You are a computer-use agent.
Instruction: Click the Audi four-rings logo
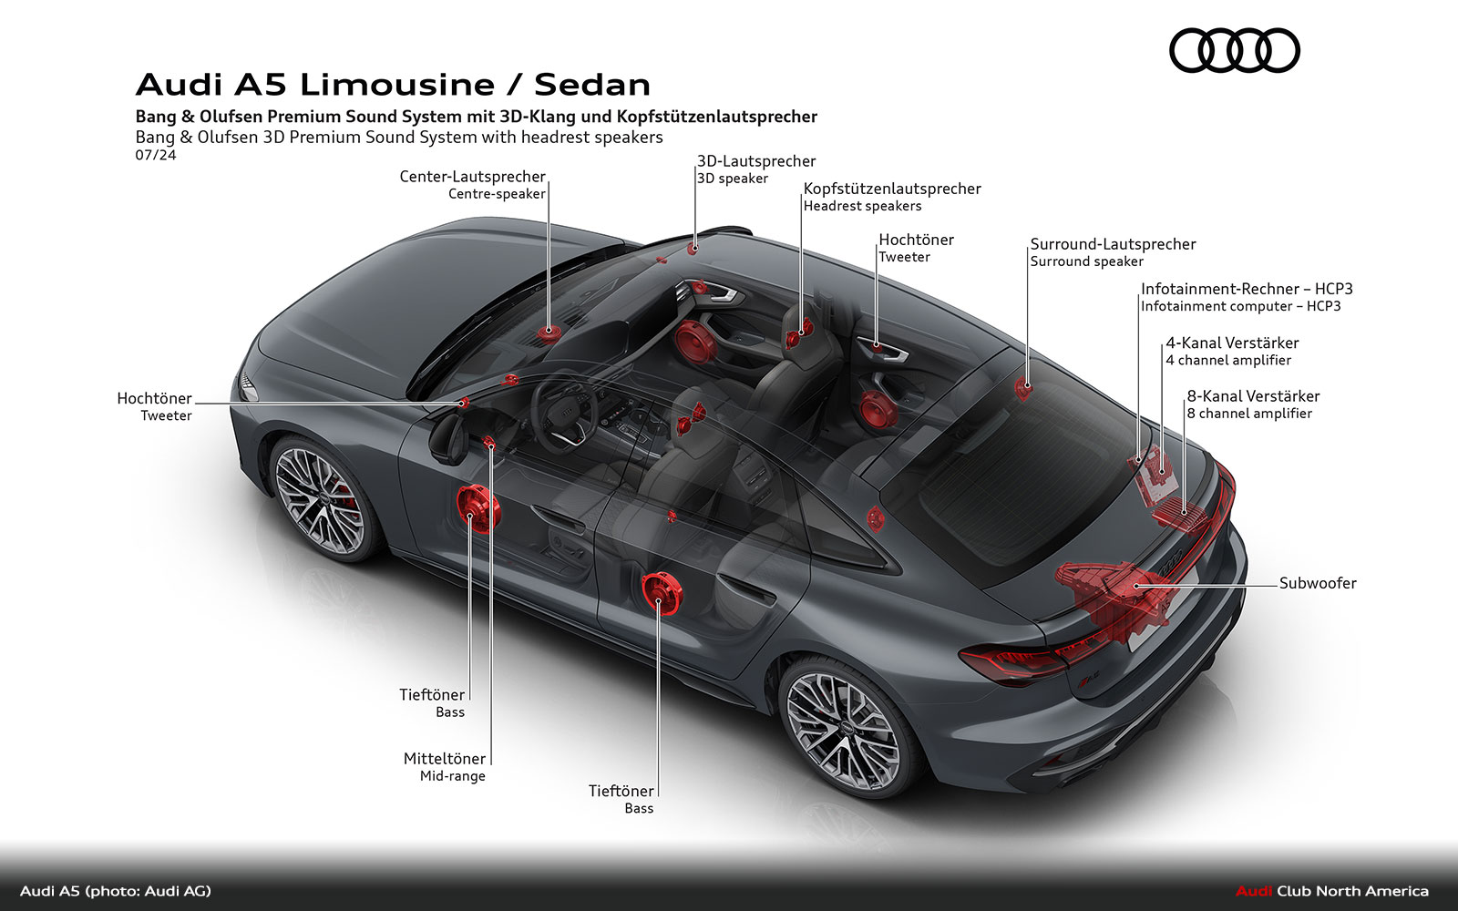(x=1234, y=50)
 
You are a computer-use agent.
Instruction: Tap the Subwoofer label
(x=1317, y=583)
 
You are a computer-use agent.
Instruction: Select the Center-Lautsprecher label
(x=472, y=177)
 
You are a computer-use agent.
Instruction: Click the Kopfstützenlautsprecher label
(x=891, y=189)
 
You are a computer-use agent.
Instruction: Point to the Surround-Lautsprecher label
(x=1113, y=244)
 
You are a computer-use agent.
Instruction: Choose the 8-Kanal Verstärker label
(x=1252, y=396)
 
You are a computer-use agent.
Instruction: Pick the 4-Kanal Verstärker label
(x=1232, y=343)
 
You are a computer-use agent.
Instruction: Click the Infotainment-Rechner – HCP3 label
(x=1246, y=289)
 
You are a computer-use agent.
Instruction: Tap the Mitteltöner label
(x=445, y=759)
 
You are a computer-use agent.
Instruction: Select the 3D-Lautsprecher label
(x=756, y=161)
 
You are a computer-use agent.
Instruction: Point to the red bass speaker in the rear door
(x=662, y=593)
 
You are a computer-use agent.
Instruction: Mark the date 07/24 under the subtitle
(x=155, y=155)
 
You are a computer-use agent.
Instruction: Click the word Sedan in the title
(x=592, y=85)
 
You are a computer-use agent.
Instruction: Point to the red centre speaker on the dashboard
(x=549, y=333)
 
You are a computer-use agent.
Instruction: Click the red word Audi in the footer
(x=1253, y=891)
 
